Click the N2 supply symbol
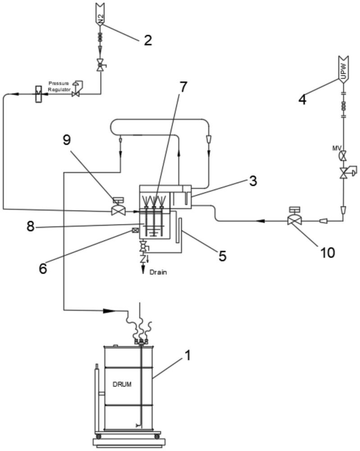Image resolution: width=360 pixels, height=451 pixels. pyautogui.click(x=100, y=15)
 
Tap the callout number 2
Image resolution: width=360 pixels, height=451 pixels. pyautogui.click(x=148, y=40)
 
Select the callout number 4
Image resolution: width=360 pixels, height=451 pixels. pyautogui.click(x=302, y=100)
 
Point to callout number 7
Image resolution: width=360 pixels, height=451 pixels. pyautogui.click(x=183, y=87)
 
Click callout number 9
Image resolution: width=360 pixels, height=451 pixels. pyautogui.click(x=67, y=140)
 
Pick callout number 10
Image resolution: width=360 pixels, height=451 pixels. pyautogui.click(x=328, y=253)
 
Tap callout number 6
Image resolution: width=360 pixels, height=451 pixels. pyautogui.click(x=43, y=269)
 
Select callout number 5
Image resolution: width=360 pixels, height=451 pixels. pyautogui.click(x=223, y=256)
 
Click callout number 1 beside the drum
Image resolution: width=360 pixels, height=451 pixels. pyautogui.click(x=187, y=355)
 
